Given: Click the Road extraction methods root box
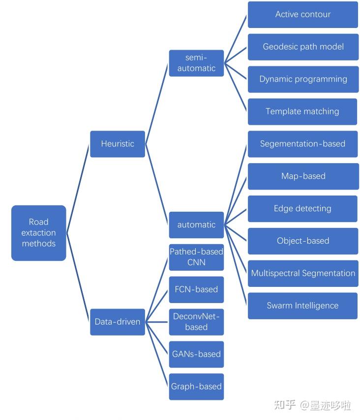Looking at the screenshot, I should (38, 233).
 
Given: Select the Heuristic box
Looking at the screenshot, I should (118, 144).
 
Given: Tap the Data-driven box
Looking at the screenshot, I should (118, 322).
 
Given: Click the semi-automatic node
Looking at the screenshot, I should (196, 63).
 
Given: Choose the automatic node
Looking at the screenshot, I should (196, 225).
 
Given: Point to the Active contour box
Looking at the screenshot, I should (302, 15).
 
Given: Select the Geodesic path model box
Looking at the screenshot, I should (302, 47).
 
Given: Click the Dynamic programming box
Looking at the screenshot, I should (302, 79).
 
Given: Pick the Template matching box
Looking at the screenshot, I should (302, 112).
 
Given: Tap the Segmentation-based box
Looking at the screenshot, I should (302, 144).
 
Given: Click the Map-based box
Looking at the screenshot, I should (302, 176).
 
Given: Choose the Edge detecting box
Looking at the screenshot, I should (302, 209).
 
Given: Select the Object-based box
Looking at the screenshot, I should (302, 241).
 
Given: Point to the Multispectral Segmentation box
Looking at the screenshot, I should (302, 274).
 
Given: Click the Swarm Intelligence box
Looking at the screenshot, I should (302, 306).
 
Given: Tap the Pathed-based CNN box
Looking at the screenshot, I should (196, 257).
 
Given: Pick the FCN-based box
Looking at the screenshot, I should (196, 289).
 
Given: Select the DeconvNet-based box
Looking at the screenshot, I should (196, 322).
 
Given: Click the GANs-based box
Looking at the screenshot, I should (196, 354).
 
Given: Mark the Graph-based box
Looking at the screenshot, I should (196, 387).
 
